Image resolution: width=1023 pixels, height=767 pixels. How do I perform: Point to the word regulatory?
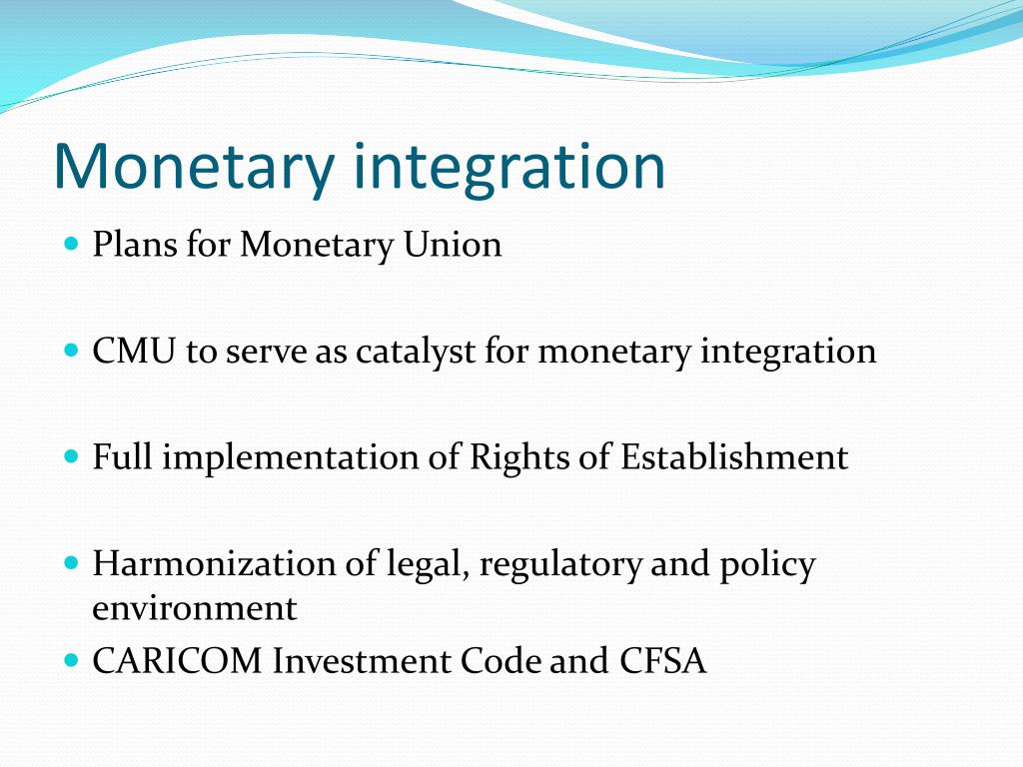coord(559,565)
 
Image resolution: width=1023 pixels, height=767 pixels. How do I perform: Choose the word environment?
coord(195,608)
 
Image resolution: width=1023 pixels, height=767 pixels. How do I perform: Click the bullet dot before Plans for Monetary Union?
coord(70,244)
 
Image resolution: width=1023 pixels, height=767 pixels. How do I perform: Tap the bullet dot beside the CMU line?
coord(70,351)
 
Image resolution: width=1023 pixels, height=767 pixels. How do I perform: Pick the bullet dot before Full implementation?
coord(70,456)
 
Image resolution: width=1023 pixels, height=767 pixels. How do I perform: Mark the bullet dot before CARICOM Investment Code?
coord(70,660)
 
